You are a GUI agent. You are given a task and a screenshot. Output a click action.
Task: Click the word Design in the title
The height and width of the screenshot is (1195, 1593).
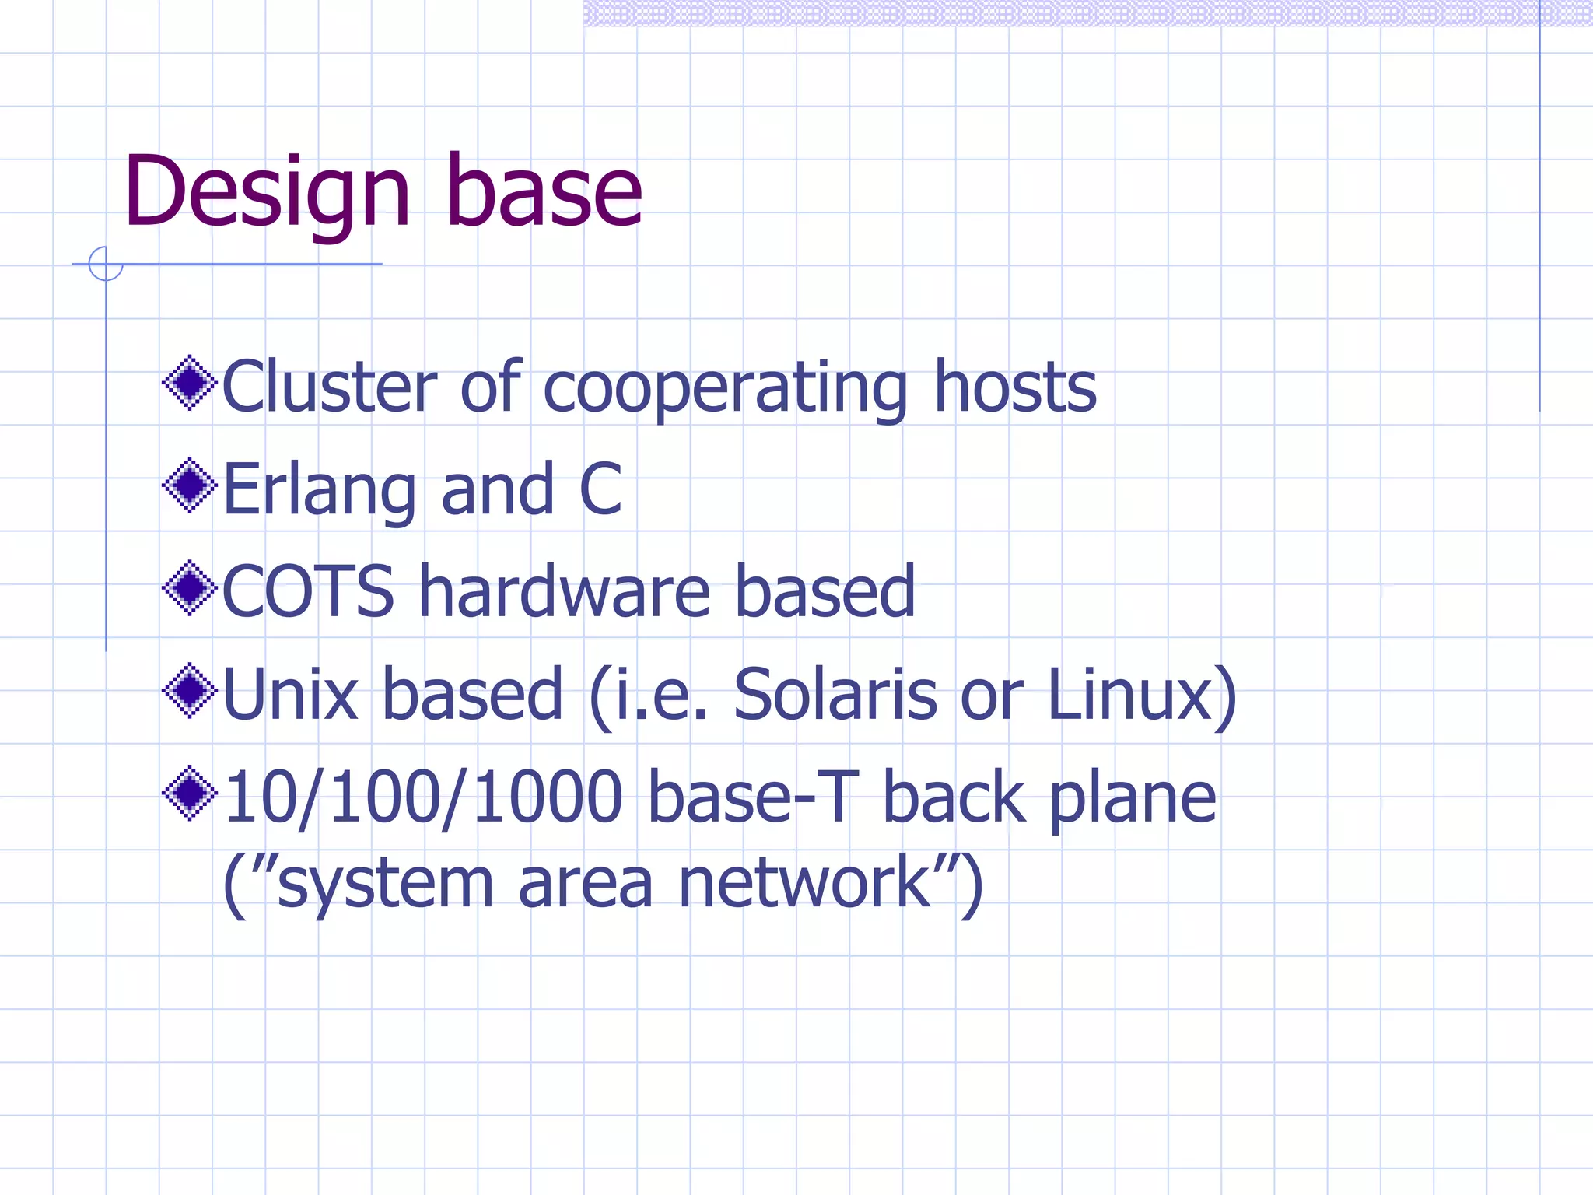[x=266, y=193]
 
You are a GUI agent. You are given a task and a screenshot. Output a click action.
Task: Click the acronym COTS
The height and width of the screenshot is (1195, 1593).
[x=309, y=592]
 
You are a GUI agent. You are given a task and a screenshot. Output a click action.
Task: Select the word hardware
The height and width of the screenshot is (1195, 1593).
[x=565, y=592]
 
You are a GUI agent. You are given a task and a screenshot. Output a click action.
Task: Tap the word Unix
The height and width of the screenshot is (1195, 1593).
[x=290, y=694]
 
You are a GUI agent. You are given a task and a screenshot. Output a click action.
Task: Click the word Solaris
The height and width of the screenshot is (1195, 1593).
[x=835, y=694]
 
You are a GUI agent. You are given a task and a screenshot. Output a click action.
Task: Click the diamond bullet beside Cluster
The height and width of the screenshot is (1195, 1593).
[x=189, y=383]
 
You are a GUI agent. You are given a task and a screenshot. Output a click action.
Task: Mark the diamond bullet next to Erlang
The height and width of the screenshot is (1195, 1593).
[x=189, y=485]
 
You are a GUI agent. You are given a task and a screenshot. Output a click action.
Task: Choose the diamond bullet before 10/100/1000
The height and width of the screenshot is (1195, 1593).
[x=189, y=793]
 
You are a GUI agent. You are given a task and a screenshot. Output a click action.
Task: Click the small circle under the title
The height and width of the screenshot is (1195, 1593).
[x=106, y=264]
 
